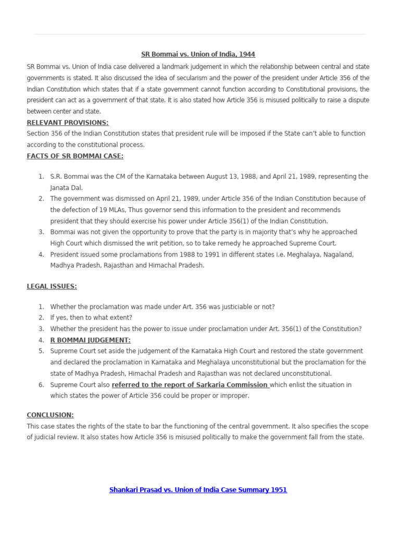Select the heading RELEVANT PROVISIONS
coord(68,122)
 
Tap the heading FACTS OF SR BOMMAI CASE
coord(75,156)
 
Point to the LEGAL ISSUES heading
coord(52,286)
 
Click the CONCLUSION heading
coord(50,415)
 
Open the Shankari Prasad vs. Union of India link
coord(198,490)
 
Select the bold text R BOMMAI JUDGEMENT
coord(90,340)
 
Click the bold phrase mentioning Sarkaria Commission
coord(190,385)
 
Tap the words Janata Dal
coord(66,187)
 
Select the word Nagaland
coord(340,255)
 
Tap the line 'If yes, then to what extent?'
coord(91,318)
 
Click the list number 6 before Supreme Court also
coord(41,385)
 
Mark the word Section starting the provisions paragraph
coord(39,133)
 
